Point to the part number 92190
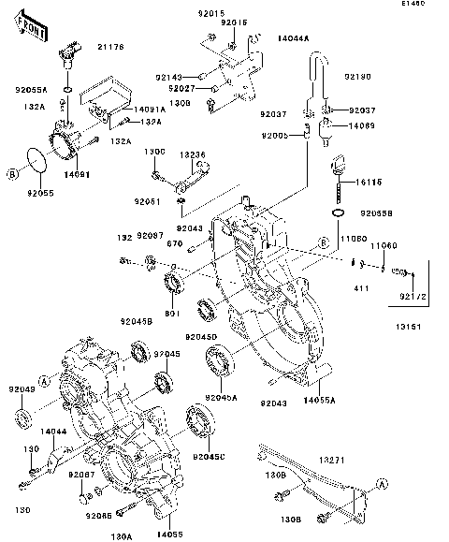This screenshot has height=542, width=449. pyautogui.click(x=358, y=75)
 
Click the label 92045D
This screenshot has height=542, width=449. pyautogui.click(x=200, y=336)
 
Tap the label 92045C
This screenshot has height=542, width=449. pyautogui.click(x=210, y=457)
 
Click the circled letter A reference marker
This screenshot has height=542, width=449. pyautogui.click(x=382, y=483)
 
